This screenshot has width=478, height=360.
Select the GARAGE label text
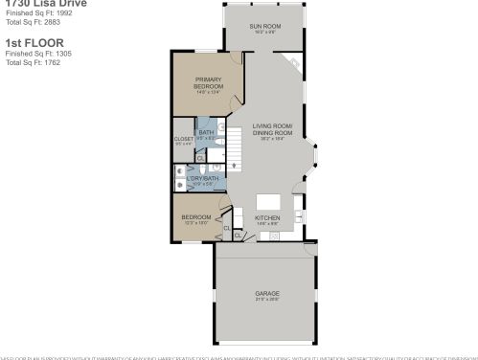click(266, 293)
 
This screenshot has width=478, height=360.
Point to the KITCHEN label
click(266, 218)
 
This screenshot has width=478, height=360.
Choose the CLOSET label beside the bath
click(184, 139)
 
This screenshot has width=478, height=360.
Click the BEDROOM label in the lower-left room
click(196, 217)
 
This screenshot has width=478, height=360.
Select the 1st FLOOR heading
click(26, 43)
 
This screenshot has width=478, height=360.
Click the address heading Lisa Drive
click(57, 4)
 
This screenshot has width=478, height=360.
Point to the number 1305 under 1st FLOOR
click(57, 54)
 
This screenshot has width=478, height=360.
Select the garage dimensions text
click(266, 300)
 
